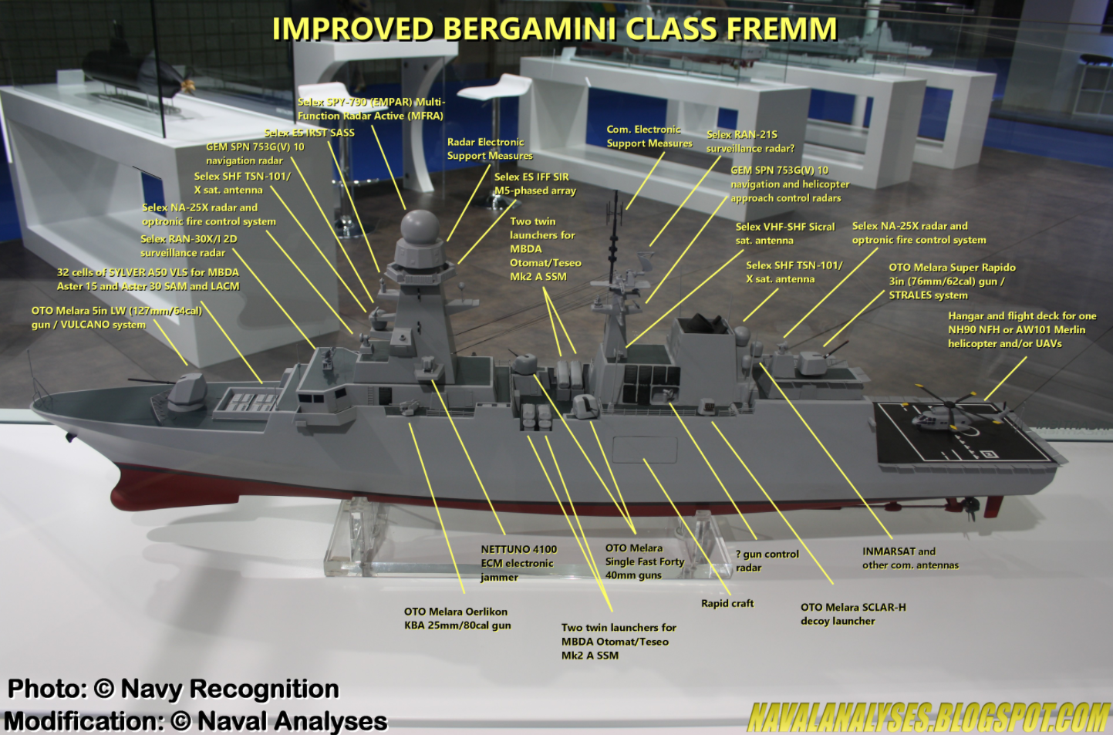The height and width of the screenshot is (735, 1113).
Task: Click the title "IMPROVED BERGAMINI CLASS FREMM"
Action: [555, 29]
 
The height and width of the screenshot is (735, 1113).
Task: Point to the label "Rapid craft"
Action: [727, 603]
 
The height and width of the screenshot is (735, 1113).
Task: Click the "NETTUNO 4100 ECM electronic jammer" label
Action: [518, 563]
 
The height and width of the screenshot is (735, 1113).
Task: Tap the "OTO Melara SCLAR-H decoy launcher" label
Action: [853, 614]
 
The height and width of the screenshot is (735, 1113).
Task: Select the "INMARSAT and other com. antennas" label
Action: [910, 558]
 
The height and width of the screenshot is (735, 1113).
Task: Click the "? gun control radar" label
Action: [767, 561]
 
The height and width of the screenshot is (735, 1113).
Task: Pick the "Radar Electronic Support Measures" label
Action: [489, 149]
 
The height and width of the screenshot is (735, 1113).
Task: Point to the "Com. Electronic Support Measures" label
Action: [649, 137]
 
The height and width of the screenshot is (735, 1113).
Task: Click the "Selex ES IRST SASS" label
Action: [309, 133]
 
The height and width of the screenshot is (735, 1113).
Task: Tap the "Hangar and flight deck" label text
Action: [1021, 329]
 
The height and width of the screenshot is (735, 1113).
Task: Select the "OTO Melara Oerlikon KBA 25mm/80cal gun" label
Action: [457, 619]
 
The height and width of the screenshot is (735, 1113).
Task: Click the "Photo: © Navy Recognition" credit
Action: [174, 689]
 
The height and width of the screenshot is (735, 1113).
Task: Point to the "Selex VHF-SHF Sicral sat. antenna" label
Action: [784, 234]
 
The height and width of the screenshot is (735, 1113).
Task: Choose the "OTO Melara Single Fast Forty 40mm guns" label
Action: [644, 561]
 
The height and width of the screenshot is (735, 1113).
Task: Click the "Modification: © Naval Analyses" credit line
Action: [195, 721]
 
